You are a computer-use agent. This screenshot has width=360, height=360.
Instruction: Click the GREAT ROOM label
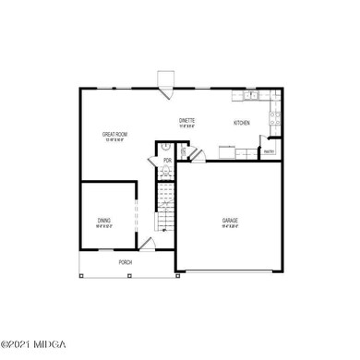coord(114,134)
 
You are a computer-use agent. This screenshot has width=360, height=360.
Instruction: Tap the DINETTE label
coord(187,120)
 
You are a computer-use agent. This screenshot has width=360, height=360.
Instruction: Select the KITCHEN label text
coord(242,123)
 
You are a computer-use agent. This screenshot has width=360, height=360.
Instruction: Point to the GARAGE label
coord(230,220)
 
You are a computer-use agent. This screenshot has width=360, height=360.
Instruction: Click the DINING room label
coord(104,220)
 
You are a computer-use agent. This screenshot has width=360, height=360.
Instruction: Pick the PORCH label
coord(126,262)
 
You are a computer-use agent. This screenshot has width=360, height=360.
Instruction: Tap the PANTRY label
coord(270,150)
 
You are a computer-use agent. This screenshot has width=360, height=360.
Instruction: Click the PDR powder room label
coord(168,161)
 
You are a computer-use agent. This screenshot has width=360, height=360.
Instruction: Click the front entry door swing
coord(146,244)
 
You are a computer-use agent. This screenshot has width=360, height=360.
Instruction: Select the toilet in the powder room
coord(165,146)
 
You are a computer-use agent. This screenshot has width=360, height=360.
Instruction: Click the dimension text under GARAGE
coord(230,226)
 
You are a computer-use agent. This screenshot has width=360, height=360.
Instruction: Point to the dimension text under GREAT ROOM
coord(114,140)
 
